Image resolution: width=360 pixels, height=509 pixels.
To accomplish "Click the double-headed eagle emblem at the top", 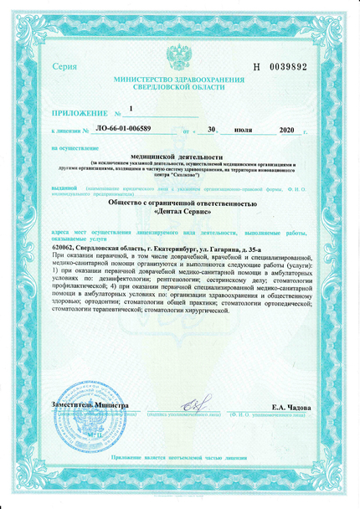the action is [178, 58].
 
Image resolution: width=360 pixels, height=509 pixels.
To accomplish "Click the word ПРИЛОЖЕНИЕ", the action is [80, 111].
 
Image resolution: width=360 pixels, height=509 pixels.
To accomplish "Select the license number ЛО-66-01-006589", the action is [124, 131].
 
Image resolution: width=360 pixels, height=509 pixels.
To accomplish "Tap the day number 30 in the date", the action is [212, 131].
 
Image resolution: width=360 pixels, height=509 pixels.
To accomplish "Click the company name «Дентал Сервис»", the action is [178, 212].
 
